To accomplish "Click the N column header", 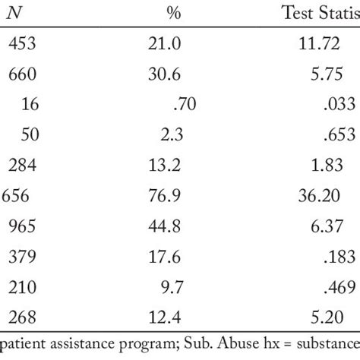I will click(x=16, y=12).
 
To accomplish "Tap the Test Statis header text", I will click(x=320, y=12).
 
